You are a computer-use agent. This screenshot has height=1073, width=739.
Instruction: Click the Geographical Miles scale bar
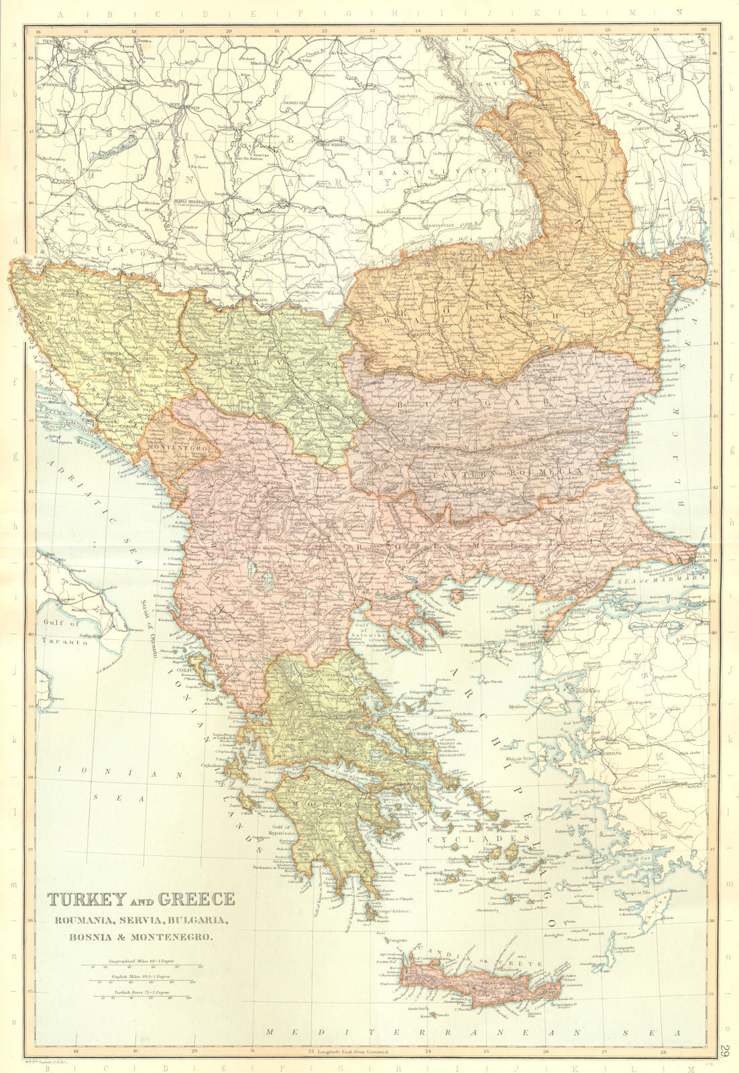pyautogui.click(x=140, y=965)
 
